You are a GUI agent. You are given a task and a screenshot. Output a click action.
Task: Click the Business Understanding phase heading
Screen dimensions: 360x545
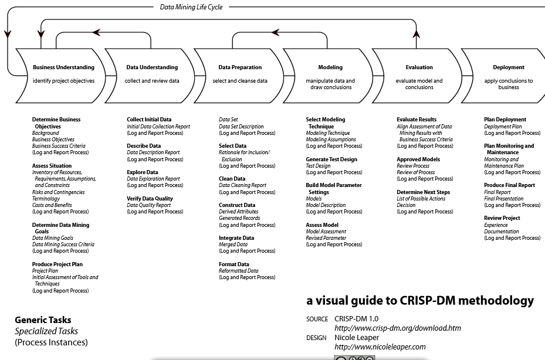(63, 67)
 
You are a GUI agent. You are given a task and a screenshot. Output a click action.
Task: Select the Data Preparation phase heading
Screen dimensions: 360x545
(240, 67)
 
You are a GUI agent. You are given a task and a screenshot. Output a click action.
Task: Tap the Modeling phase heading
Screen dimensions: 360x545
(330, 67)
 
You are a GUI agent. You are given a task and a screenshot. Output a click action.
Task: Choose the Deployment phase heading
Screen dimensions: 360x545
(509, 67)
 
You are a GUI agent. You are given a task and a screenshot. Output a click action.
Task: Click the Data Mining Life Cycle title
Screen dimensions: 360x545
(191, 7)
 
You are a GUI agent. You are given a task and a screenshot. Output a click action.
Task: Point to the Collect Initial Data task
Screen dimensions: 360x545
(149, 120)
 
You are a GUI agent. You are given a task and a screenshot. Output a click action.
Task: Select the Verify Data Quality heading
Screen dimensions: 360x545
(150, 199)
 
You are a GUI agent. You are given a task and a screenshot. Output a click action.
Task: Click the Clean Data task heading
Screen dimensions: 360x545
(232, 179)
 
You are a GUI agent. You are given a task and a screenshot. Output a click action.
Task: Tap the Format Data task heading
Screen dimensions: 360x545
(233, 264)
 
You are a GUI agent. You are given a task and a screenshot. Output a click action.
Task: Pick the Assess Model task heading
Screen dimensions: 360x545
(322, 225)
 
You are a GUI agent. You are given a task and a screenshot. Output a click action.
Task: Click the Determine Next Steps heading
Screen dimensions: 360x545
(423, 192)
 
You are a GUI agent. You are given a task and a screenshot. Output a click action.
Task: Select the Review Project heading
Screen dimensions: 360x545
(502, 218)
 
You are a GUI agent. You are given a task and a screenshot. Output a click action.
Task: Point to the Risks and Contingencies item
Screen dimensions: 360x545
(58, 192)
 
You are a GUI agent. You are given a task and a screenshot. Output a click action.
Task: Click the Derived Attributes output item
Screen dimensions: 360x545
(238, 212)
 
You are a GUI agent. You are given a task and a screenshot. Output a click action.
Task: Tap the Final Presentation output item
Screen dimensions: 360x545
(503, 199)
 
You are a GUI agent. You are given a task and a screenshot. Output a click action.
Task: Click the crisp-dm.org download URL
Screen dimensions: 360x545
(397, 328)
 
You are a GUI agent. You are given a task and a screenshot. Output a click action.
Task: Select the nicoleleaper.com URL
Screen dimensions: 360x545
(380, 347)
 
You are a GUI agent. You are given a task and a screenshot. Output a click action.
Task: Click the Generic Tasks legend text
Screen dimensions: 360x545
(43, 320)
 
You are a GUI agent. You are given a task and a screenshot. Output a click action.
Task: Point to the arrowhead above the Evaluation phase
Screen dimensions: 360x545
(416, 36)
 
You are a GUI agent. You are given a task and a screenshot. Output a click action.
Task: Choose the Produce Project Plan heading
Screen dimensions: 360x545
(59, 264)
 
